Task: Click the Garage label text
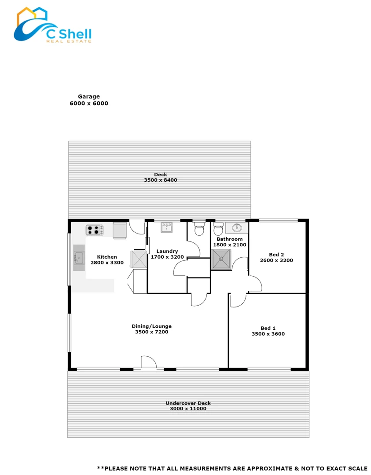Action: tap(89, 97)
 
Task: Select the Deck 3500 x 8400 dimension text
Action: tap(160, 180)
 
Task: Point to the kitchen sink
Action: tap(79, 258)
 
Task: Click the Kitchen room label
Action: tap(107, 257)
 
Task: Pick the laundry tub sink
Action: tap(167, 227)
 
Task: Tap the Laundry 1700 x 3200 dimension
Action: tap(167, 257)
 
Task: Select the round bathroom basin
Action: tap(237, 228)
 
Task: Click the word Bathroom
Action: tap(229, 239)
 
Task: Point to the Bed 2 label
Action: tap(276, 255)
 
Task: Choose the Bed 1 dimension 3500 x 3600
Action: tap(268, 334)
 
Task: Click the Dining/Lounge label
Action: tap(151, 326)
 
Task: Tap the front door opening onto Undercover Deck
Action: tap(148, 363)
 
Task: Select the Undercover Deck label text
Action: tap(188, 403)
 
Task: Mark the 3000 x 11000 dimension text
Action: tap(188, 409)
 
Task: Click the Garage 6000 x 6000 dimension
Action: tap(89, 103)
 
